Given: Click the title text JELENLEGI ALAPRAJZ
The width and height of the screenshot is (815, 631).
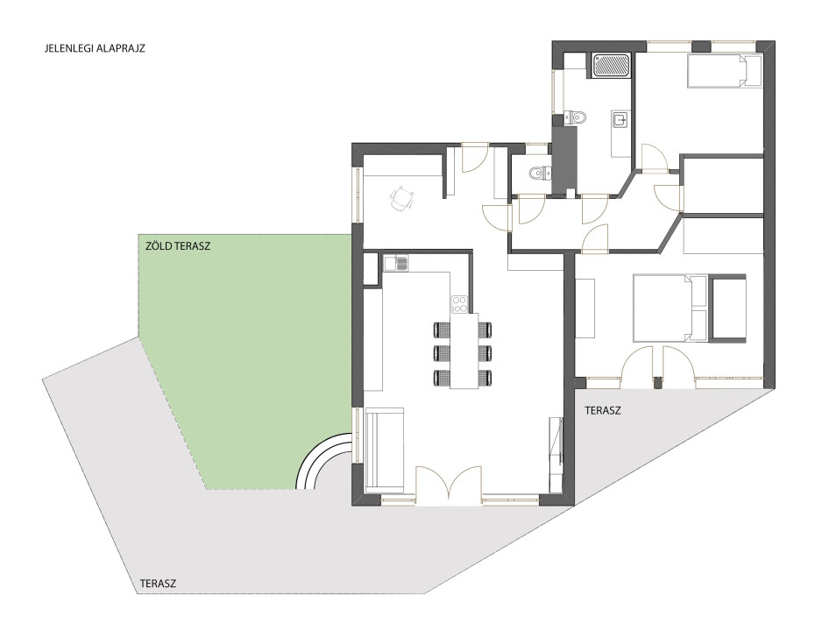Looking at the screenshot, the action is pos(96,49).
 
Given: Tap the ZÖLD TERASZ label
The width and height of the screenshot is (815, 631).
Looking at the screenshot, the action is pos(178,246).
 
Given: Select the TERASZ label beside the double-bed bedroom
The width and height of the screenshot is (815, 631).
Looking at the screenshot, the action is pos(603,410).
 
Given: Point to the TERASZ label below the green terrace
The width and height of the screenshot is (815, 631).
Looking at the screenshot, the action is pos(158,583).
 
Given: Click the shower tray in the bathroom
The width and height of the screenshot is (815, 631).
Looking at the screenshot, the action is pos(612,66).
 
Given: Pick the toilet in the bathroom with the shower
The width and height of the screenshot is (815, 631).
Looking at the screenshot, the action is pos(576,117).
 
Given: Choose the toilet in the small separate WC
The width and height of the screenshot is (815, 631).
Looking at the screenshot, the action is pos(538,172).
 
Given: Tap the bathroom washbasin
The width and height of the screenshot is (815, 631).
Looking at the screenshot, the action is pos(620,120).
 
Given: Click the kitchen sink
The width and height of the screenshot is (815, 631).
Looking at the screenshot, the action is pos(396,263).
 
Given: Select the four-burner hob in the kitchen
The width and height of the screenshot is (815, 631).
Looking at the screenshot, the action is pos(460,304).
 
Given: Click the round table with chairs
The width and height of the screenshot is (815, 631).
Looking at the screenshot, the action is pos(401,199).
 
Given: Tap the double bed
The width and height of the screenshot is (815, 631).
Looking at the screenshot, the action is pos(670,308).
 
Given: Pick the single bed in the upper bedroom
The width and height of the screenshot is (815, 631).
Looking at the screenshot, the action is pos(724,71).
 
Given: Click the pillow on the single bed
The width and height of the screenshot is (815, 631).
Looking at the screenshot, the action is pos(752,71).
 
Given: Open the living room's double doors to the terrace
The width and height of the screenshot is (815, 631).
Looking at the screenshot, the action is pos(449,486).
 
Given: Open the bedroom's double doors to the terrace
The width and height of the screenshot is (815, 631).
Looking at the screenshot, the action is pos(657,367).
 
